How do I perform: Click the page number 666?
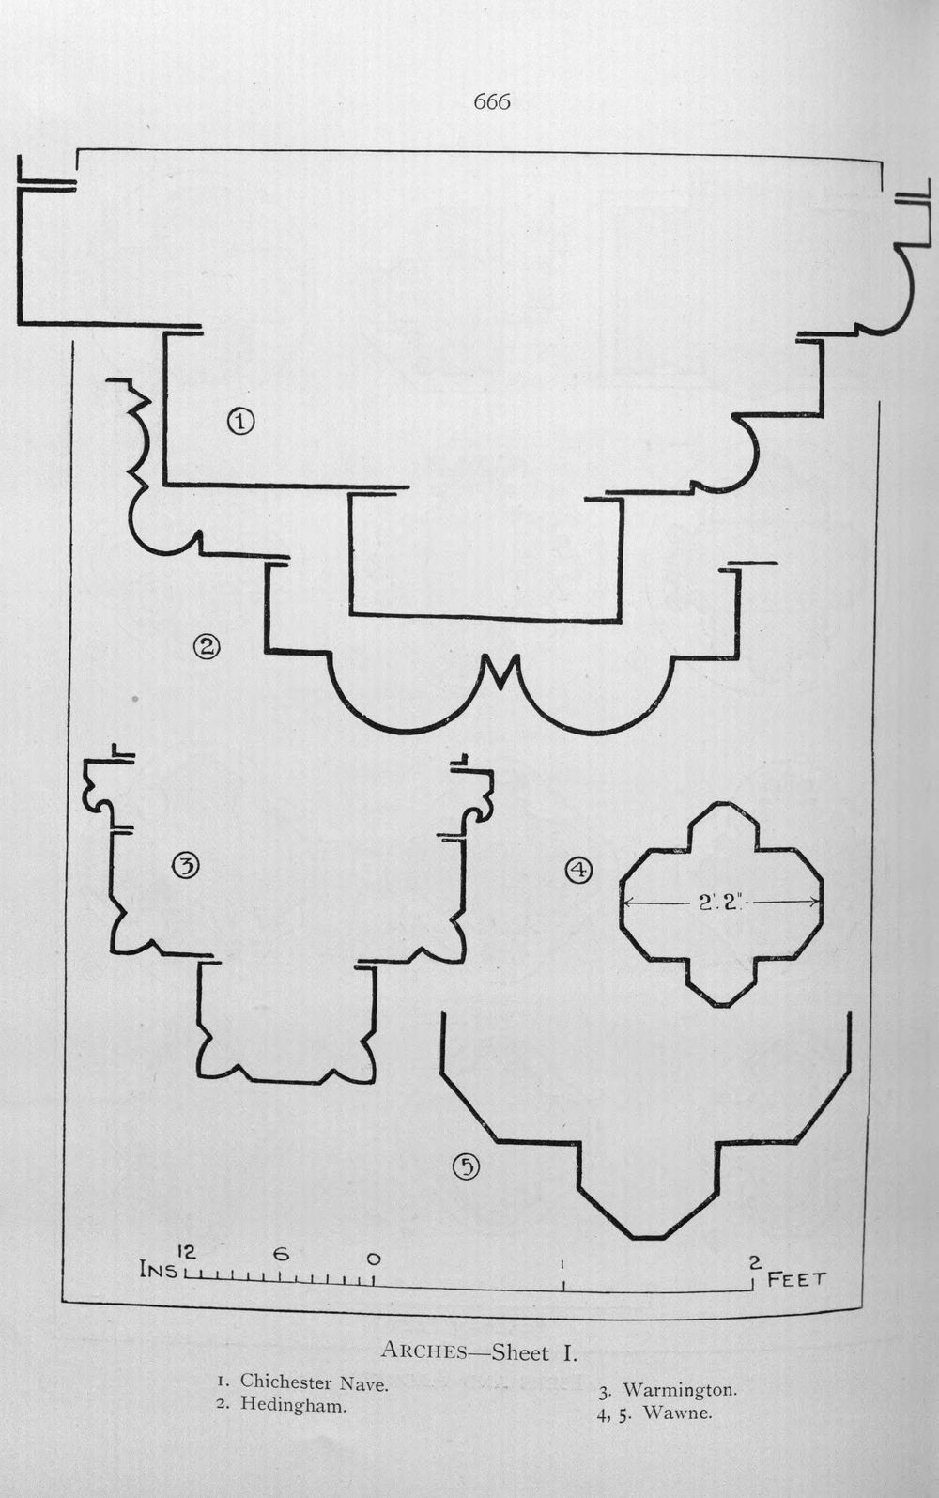coord(492,101)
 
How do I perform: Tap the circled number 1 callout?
coord(240,422)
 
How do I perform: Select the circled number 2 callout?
coord(207,646)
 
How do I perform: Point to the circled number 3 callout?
coord(186,866)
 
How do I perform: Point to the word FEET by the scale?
coord(796,1279)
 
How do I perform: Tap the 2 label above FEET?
coord(755,1262)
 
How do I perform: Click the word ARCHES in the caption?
coord(423,1350)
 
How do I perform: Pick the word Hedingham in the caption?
coord(294,1404)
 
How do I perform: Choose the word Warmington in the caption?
coord(680,1390)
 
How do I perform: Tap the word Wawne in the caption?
coord(678,1413)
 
